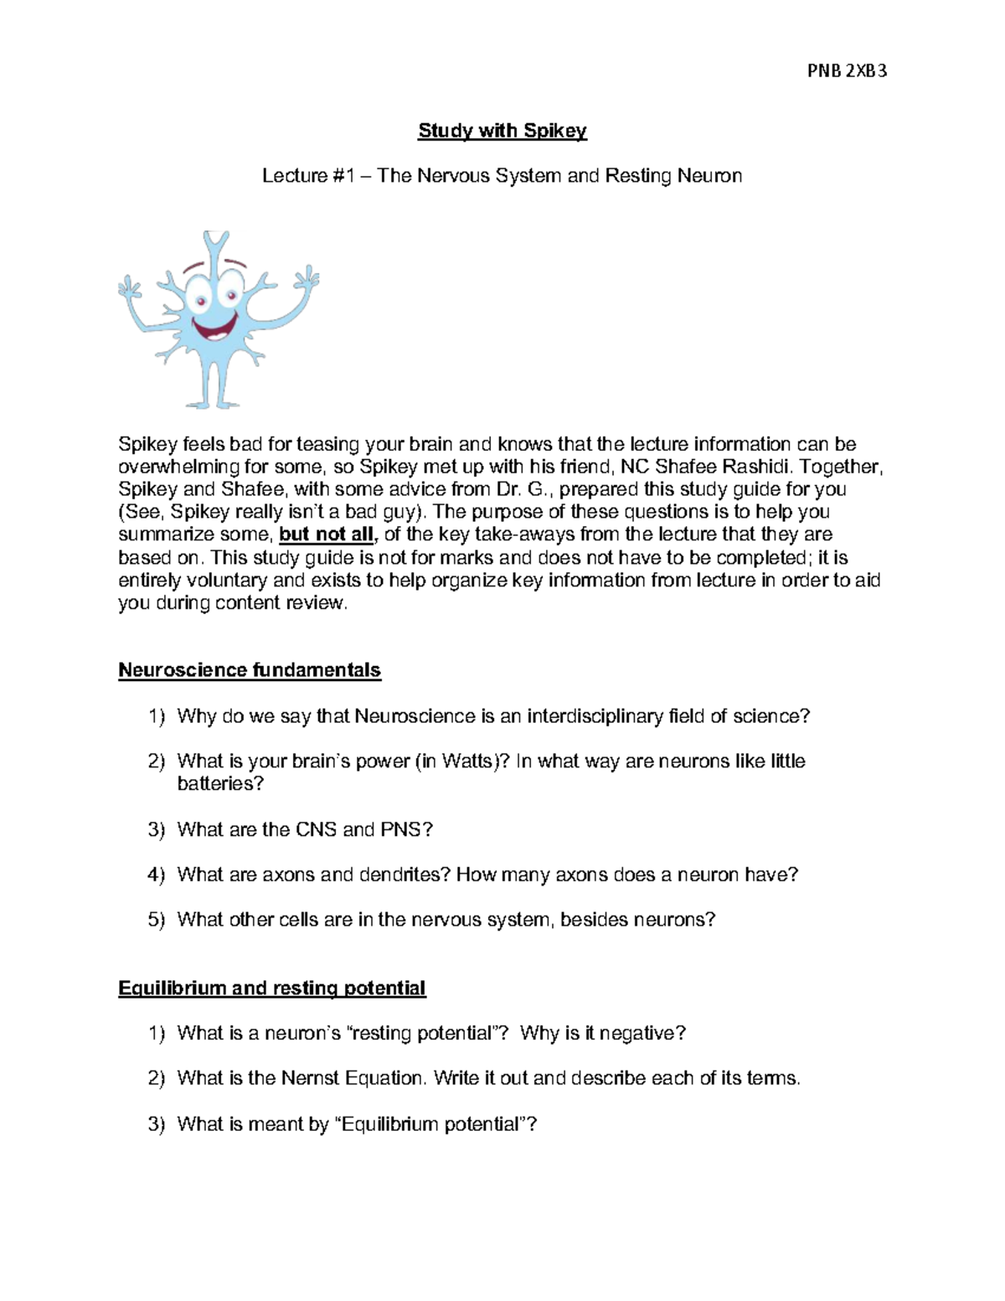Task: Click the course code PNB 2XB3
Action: pos(847,71)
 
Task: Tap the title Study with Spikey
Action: pos(502,131)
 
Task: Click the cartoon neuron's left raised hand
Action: pos(129,289)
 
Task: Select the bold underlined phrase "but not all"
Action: pos(327,534)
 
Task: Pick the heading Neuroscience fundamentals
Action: pos(250,670)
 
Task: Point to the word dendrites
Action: pos(405,875)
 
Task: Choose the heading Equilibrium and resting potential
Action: pos(272,989)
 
